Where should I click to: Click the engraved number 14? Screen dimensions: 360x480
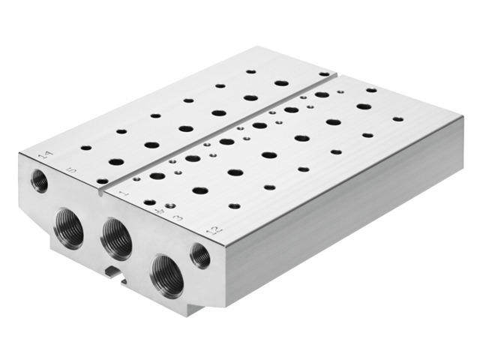point(47,155)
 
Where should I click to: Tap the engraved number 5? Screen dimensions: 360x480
point(72,171)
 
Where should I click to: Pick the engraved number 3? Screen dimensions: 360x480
point(178,218)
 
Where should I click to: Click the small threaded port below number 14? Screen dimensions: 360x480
point(38,180)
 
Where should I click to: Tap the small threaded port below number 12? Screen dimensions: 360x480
point(200,255)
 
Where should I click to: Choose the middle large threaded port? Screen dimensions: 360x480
point(116,238)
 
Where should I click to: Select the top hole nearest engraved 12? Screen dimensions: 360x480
point(235,205)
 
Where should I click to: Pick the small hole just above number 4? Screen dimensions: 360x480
point(170,204)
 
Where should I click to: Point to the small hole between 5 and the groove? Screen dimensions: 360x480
point(102,181)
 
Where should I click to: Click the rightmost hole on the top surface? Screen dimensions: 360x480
point(397,118)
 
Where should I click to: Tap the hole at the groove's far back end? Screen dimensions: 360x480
point(323,74)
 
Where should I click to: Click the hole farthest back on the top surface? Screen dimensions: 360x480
point(251,72)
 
